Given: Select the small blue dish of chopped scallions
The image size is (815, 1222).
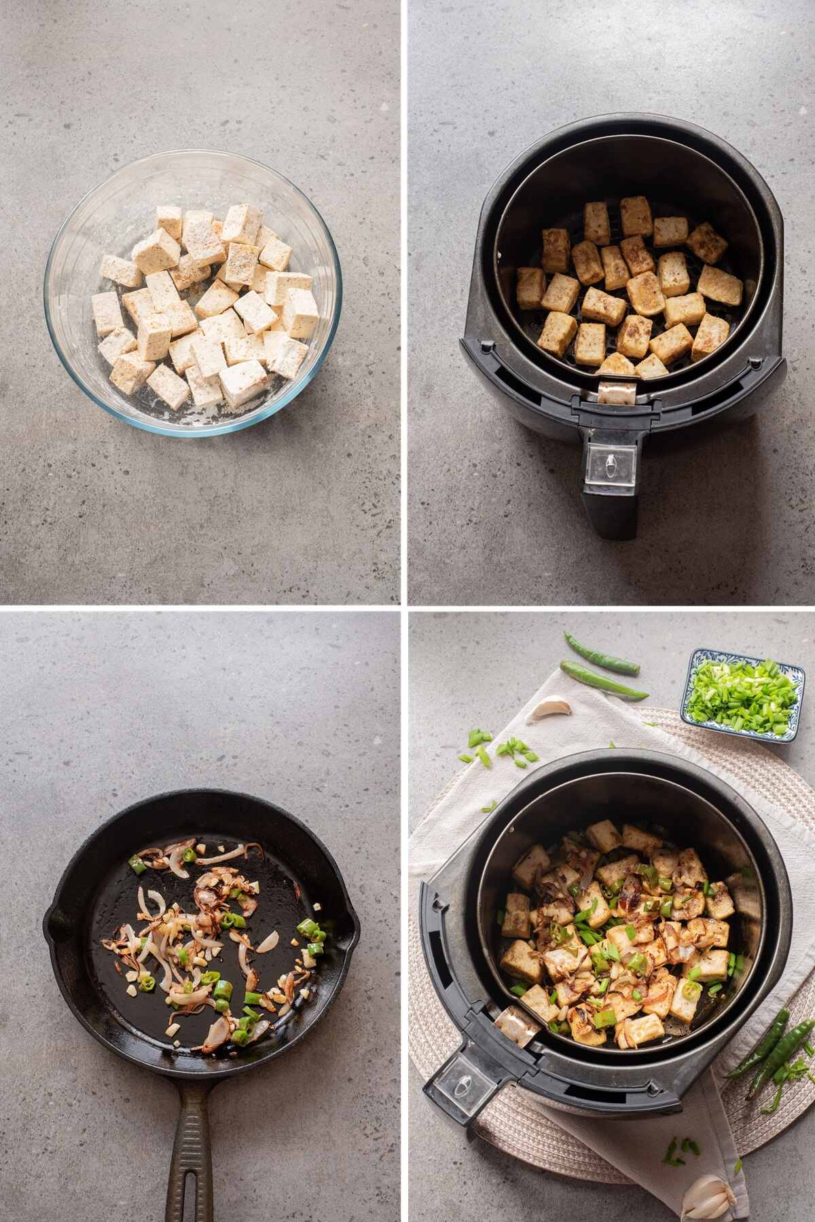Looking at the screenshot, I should (x=742, y=695).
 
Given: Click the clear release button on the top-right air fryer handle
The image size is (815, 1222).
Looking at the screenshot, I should (x=611, y=468).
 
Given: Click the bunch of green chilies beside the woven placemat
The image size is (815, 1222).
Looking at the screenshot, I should (x=767, y=1049).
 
